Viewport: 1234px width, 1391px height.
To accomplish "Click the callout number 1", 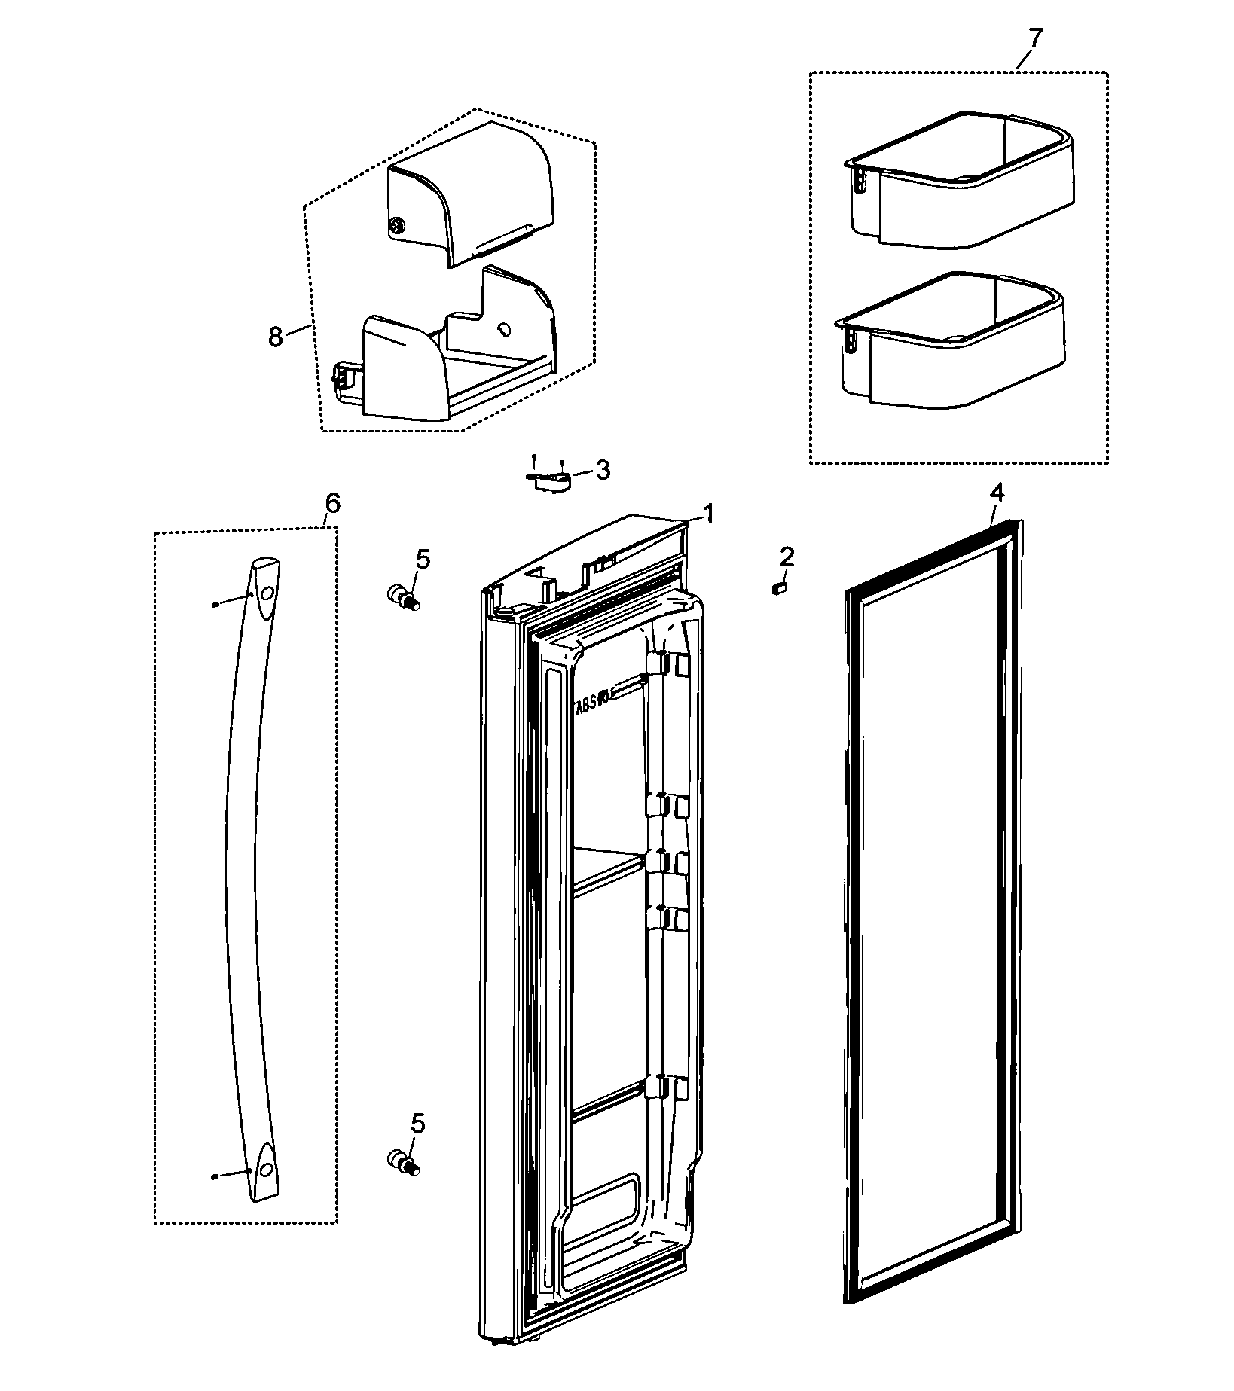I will click(708, 515).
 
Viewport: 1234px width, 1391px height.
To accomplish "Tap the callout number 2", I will click(787, 557).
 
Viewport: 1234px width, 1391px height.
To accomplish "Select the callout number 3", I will click(603, 471).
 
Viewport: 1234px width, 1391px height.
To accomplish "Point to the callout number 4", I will click(996, 494).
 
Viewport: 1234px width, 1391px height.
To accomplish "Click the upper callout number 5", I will click(423, 560).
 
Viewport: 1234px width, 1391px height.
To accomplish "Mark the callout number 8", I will click(276, 337).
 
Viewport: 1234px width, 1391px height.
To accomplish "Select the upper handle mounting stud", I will click(402, 598).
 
